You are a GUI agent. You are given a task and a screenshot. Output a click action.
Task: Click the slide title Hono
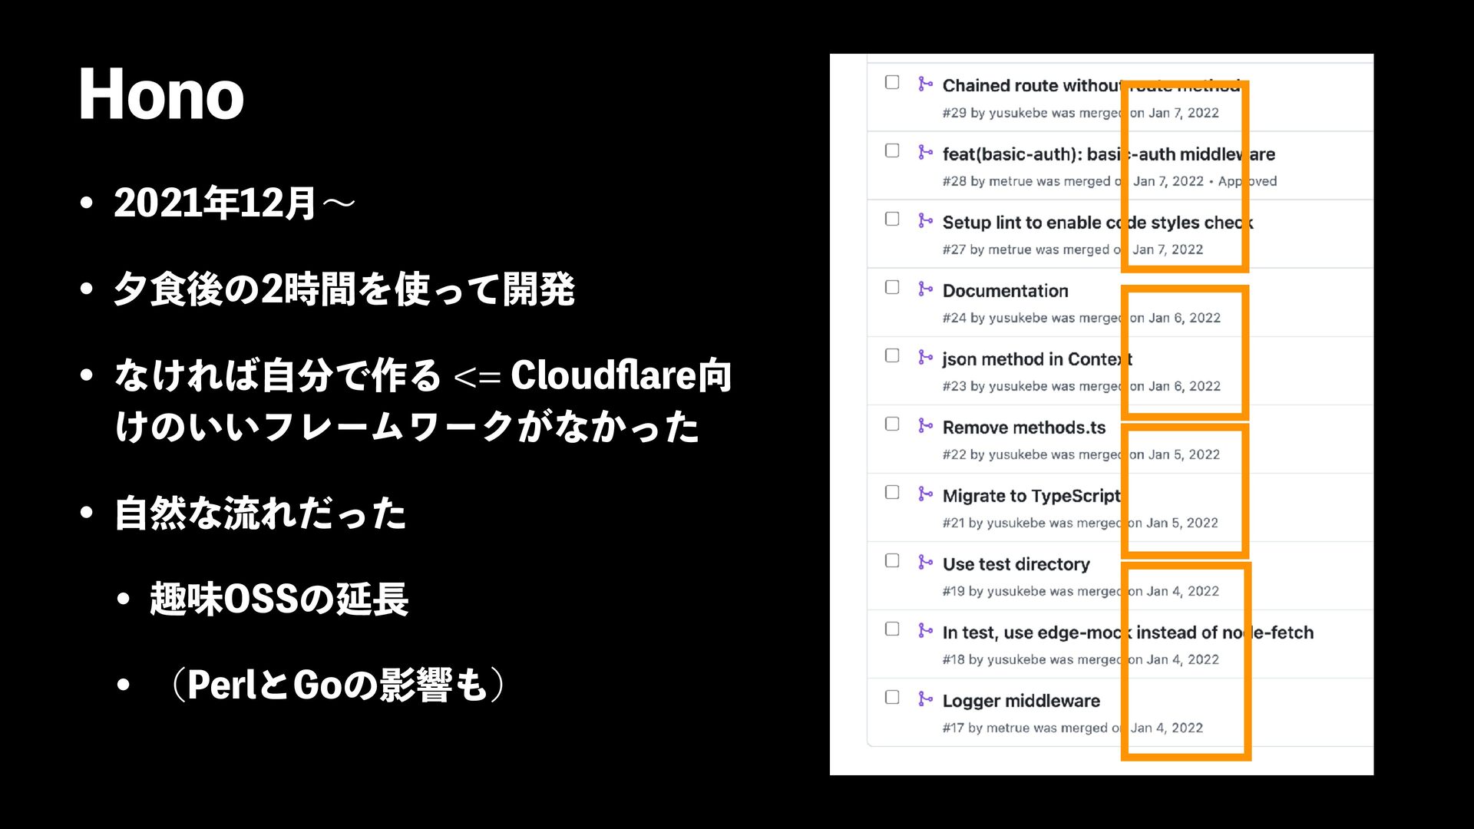click(161, 95)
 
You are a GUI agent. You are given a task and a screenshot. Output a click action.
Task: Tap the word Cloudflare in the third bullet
click(603, 375)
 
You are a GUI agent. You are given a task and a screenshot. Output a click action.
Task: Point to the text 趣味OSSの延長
click(279, 599)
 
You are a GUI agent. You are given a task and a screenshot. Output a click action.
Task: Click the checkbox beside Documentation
click(892, 288)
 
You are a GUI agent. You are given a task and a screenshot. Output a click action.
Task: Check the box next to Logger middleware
click(892, 698)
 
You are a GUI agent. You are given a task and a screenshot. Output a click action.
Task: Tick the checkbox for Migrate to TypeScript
click(892, 493)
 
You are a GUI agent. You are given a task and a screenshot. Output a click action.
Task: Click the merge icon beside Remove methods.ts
click(925, 425)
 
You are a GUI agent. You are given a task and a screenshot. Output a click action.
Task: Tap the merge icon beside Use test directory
click(925, 562)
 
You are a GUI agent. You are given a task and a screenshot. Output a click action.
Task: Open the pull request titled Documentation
click(1005, 291)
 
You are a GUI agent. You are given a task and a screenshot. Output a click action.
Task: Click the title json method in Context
click(1036, 359)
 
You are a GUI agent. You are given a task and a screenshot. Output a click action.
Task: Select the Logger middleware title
click(1021, 701)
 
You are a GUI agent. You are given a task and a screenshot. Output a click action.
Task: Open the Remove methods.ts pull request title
click(1024, 428)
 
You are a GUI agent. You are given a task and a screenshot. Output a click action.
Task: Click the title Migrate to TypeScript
click(1031, 496)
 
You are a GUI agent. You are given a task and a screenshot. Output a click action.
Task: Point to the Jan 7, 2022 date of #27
click(1168, 249)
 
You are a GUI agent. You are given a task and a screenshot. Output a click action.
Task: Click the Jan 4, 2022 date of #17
click(1167, 728)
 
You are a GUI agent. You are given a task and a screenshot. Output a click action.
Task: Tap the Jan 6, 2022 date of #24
click(1185, 318)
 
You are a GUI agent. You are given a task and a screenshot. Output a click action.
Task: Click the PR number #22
click(954, 454)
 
